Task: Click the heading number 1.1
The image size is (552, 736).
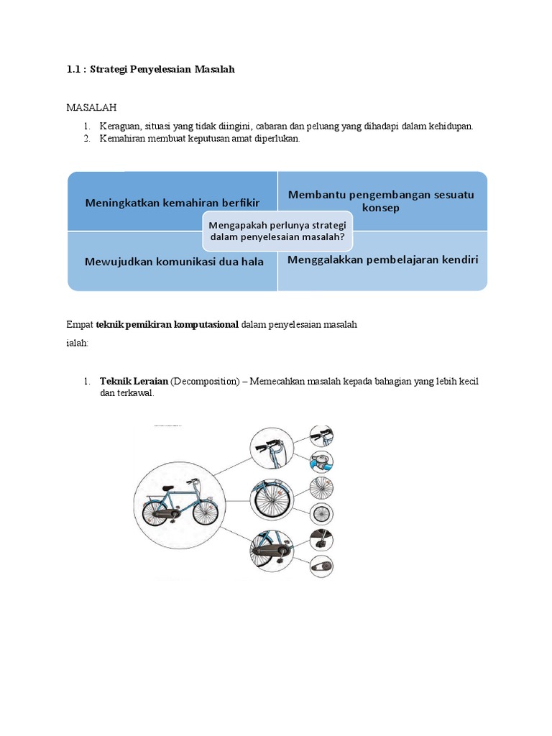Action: [73, 69]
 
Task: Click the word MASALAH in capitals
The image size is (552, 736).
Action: [91, 107]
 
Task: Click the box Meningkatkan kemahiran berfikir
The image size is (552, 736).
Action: [172, 203]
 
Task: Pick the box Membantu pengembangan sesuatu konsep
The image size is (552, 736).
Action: [381, 201]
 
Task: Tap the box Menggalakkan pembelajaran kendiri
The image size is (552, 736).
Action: [382, 260]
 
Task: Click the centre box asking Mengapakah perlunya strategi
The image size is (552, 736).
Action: [277, 231]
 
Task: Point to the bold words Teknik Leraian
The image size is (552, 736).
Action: [134, 381]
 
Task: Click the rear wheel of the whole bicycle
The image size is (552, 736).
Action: [156, 515]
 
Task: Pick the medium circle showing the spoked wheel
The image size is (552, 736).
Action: [272, 498]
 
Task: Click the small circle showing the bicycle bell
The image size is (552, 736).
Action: [320, 461]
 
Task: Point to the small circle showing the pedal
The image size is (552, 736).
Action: [320, 539]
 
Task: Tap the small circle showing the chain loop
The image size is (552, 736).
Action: [320, 566]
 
